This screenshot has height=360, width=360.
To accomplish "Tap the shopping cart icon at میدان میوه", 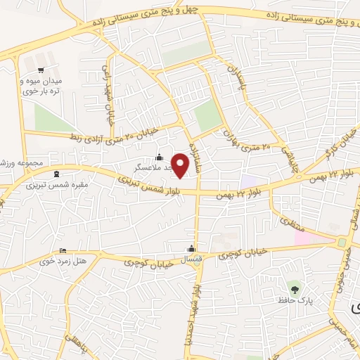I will coord(41,70).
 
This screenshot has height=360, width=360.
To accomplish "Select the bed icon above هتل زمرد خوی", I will coord(63,251).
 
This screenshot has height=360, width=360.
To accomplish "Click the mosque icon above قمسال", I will coord(191,248).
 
